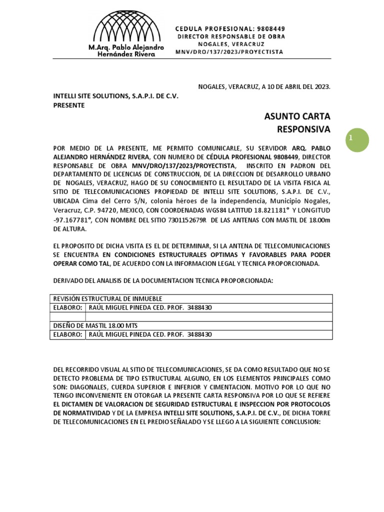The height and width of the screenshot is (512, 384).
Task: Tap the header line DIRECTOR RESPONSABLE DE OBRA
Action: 231,37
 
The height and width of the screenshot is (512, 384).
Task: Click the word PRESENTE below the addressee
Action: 69,105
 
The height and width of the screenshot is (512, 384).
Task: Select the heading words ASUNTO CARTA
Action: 297,116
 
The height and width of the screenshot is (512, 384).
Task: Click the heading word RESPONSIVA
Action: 303,129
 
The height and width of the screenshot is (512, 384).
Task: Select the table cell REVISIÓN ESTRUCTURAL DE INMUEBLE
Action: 107,298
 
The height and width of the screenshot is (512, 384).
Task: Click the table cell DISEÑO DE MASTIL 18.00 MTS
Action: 95,325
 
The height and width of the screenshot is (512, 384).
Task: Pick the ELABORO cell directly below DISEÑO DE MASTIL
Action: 68,334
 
